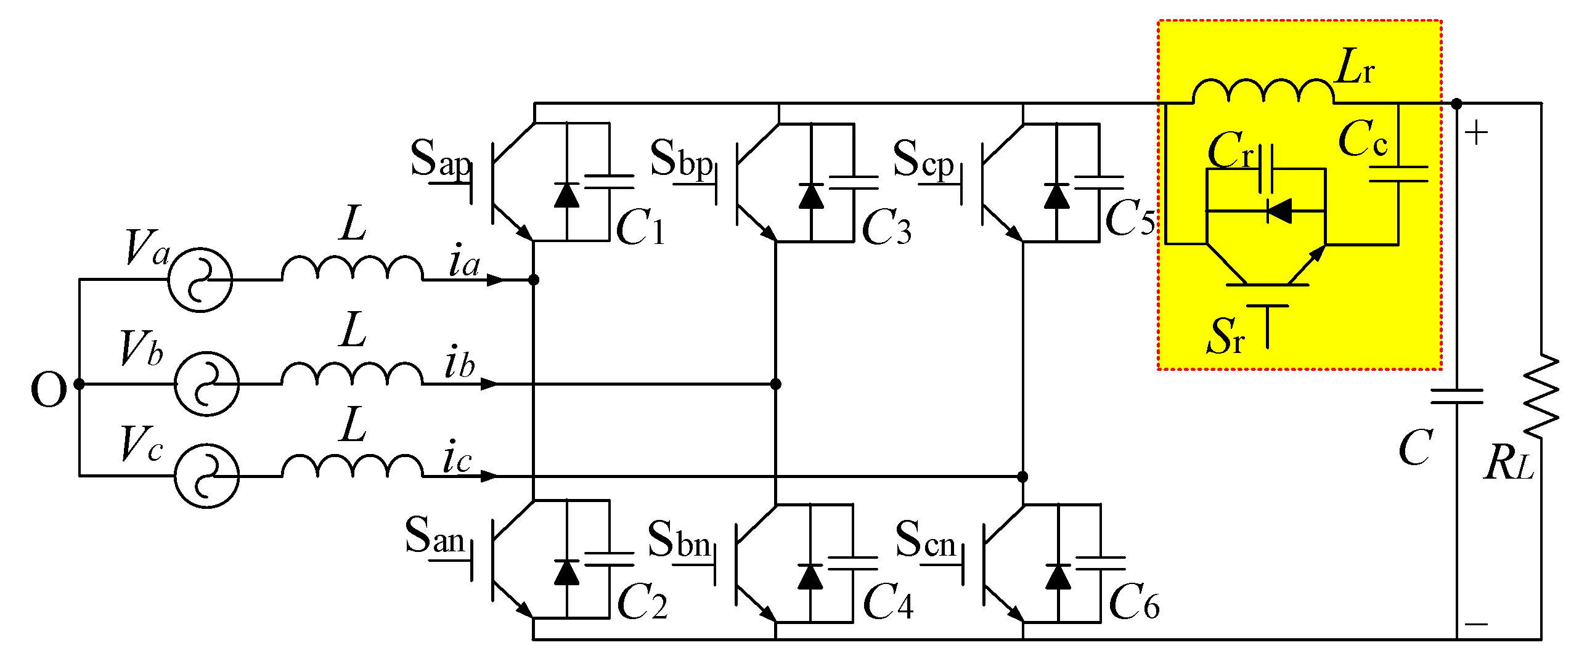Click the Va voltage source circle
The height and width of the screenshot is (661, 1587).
(x=200, y=280)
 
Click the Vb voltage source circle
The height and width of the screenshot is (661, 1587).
(x=206, y=384)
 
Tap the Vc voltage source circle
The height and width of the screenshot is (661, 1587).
(x=206, y=476)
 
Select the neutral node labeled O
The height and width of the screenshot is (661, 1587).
(x=79, y=384)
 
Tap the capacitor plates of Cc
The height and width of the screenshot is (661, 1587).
(x=1398, y=174)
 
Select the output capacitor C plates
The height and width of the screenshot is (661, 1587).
(x=1457, y=396)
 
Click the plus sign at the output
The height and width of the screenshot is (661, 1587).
(x=1476, y=133)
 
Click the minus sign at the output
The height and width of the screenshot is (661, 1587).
(x=1476, y=624)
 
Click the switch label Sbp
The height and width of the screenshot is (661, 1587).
(x=681, y=159)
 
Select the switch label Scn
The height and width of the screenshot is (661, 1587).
(x=925, y=540)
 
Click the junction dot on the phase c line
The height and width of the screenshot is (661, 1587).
(x=1022, y=476)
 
